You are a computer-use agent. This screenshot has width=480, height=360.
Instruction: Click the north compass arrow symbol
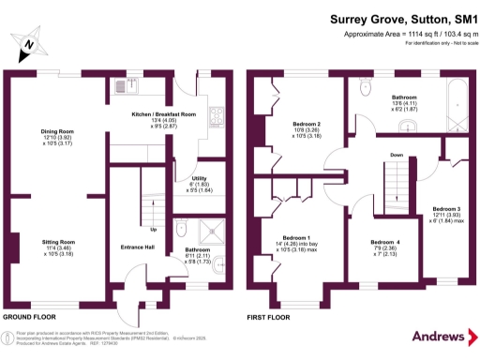(30, 43)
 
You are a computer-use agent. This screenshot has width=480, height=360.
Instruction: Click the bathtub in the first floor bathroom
(456, 103)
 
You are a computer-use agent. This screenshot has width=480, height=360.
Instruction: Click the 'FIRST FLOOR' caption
(270, 317)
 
